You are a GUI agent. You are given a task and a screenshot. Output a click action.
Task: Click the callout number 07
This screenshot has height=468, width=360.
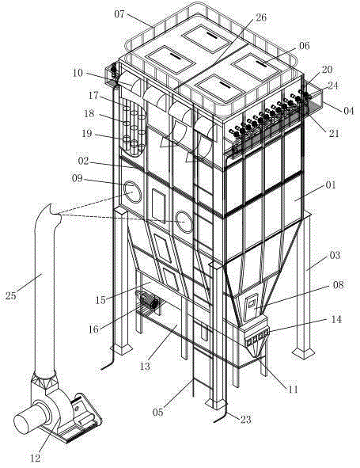(x=119, y=13)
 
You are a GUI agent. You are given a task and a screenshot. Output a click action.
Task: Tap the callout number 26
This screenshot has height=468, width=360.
(x=260, y=17)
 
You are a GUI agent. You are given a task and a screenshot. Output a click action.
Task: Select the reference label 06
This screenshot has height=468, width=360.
(x=305, y=46)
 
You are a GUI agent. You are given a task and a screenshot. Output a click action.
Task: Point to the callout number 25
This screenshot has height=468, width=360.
(x=11, y=296)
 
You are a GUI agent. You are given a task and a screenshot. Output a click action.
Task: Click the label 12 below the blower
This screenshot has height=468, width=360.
(x=36, y=458)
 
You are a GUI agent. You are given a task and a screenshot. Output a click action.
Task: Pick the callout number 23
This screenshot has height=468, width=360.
(x=246, y=420)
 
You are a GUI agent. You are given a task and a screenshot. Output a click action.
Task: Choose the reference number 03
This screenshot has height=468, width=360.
(x=335, y=255)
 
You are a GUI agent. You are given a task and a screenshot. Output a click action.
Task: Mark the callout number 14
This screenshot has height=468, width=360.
(x=336, y=319)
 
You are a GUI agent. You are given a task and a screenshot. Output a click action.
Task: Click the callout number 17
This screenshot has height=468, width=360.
(x=93, y=95)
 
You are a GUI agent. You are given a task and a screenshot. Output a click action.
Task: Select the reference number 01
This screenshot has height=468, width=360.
(x=331, y=185)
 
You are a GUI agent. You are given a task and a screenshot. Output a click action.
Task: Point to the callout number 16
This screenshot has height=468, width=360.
(x=93, y=329)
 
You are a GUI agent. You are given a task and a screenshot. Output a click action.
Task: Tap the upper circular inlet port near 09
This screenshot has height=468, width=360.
(x=132, y=192)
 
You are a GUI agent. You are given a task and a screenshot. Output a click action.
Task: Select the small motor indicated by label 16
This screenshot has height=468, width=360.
(x=147, y=302)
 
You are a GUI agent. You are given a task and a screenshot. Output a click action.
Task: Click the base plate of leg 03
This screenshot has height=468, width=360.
(x=303, y=352)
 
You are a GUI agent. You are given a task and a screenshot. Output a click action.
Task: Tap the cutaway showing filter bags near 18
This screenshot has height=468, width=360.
(x=133, y=127)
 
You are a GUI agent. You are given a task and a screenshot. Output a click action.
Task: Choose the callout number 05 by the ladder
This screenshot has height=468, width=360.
(x=158, y=413)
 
